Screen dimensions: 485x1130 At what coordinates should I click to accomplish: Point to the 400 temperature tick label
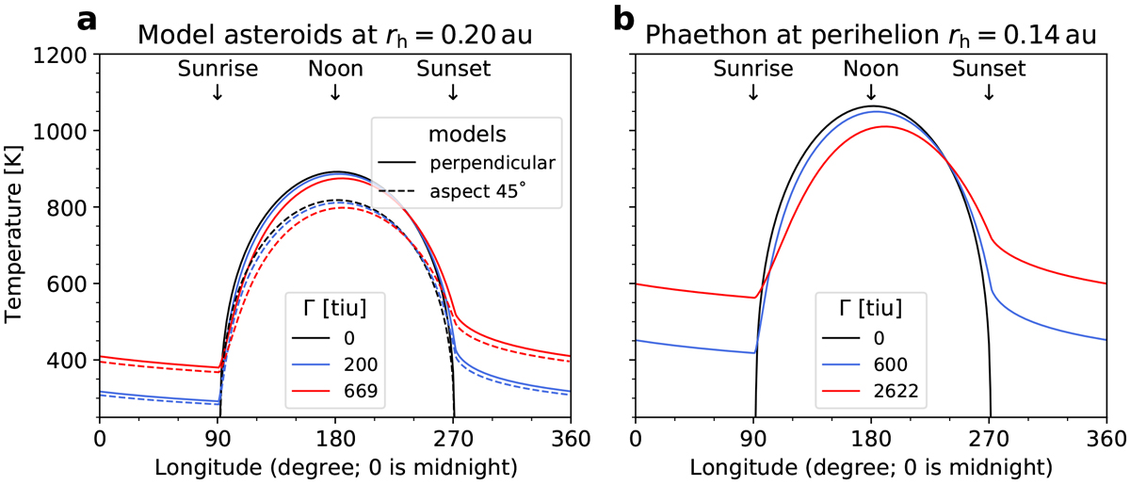(x=65, y=361)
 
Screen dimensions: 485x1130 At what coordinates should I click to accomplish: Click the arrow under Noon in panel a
(x=335, y=91)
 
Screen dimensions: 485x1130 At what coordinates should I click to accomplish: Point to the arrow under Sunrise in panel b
(x=753, y=91)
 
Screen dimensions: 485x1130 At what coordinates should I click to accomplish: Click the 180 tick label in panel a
(x=335, y=439)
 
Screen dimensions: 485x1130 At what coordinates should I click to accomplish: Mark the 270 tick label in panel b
(x=989, y=439)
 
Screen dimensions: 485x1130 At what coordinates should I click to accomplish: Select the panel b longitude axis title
(x=870, y=466)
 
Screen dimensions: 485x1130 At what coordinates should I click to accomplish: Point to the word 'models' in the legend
(x=467, y=133)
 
